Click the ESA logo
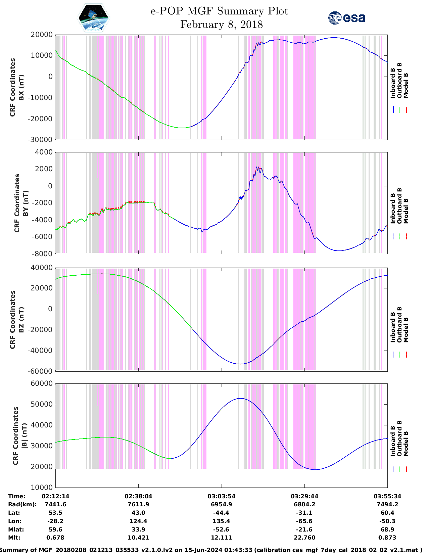pyautogui.click(x=347, y=18)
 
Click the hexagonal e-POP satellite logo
pyautogui.click(x=93, y=18)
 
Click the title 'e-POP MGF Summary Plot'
pyautogui.click(x=219, y=11)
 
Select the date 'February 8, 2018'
pyautogui.click(x=221, y=25)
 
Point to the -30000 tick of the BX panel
pyautogui.click(x=41, y=140)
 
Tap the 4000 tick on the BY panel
pyautogui.click(x=44, y=152)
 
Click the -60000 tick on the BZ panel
pyautogui.click(x=41, y=371)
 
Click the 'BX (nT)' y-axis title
pyautogui.click(x=21, y=87)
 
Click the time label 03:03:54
pyautogui.click(x=221, y=496)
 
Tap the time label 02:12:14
pyautogui.click(x=55, y=496)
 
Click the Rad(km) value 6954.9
pyautogui.click(x=221, y=504)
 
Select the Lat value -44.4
pyautogui.click(x=221, y=513)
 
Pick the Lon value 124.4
pyautogui.click(x=138, y=521)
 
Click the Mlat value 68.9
pyautogui.click(x=387, y=529)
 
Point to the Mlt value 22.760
pyautogui.click(x=304, y=538)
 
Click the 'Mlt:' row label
pyautogui.click(x=14, y=538)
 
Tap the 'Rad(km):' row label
pyautogui.click(x=22, y=504)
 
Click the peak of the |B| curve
pyautogui.click(x=240, y=398)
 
